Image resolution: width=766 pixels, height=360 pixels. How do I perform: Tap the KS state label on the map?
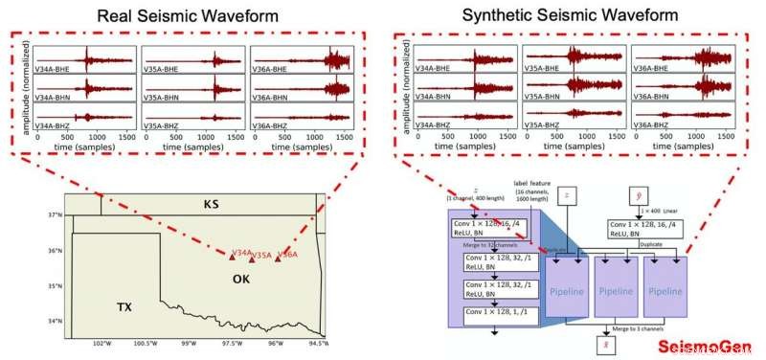tap(212, 205)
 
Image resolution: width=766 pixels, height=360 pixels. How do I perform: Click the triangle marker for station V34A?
tap(232, 257)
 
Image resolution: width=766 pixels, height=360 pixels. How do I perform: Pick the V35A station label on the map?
tap(262, 256)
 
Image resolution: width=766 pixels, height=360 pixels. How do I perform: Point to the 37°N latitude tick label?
tap(55, 215)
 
